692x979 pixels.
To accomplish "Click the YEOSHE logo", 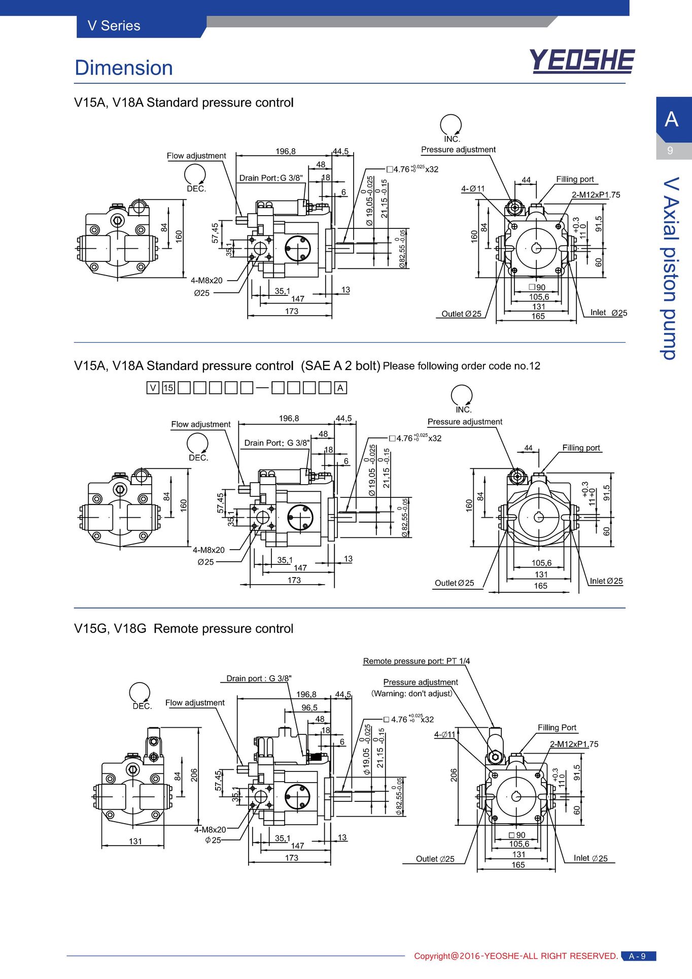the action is pyautogui.click(x=582, y=61).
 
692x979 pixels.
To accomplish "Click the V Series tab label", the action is pyautogui.click(x=114, y=26).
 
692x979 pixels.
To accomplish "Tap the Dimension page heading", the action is pyautogui.click(x=124, y=67).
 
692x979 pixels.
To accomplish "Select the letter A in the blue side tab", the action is pyautogui.click(x=672, y=119).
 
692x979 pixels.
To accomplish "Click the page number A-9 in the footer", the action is pyautogui.click(x=638, y=956).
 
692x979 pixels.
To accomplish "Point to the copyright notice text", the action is pyautogui.click(x=516, y=956).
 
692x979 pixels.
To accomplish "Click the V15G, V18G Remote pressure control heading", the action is pyautogui.click(x=184, y=629).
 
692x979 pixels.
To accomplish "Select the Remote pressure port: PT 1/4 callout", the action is pyautogui.click(x=417, y=661).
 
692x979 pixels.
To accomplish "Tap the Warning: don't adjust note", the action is pyautogui.click(x=411, y=694).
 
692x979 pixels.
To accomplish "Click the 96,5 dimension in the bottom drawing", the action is pyautogui.click(x=309, y=707).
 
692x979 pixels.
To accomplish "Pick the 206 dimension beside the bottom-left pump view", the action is pyautogui.click(x=194, y=775).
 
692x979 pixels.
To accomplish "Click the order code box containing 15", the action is pyautogui.click(x=168, y=388).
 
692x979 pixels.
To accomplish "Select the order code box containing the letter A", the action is pyautogui.click(x=340, y=388).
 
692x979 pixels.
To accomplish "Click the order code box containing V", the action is pyautogui.click(x=153, y=388).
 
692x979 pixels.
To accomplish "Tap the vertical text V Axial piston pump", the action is pyautogui.click(x=671, y=268).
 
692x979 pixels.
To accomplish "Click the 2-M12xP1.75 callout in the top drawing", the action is pyautogui.click(x=596, y=195).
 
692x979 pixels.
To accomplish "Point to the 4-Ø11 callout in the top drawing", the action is pyautogui.click(x=473, y=189).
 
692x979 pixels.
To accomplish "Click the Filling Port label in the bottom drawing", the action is pyautogui.click(x=557, y=728).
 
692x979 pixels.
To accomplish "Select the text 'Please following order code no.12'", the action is pyautogui.click(x=462, y=366).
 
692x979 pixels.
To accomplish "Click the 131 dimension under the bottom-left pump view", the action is pyautogui.click(x=135, y=841).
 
